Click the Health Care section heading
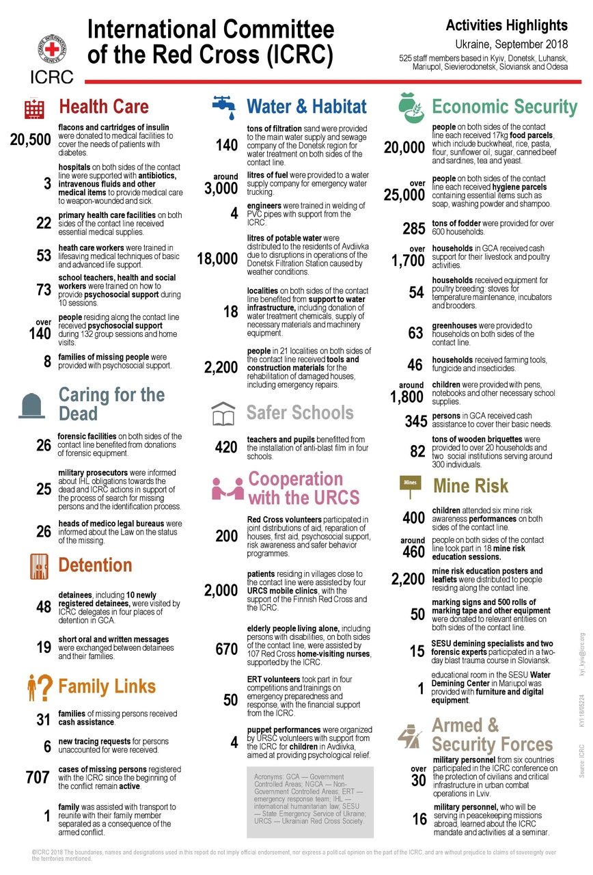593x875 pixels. [x=103, y=107]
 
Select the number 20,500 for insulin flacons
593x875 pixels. [x=31, y=140]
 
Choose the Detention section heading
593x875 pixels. [x=95, y=565]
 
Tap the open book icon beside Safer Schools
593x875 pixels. [x=225, y=414]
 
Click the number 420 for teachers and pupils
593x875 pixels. [x=225, y=448]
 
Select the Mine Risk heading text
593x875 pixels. [x=471, y=486]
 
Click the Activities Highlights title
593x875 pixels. [x=506, y=26]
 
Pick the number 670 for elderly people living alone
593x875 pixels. [x=225, y=649]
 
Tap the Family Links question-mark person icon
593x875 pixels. [x=39, y=688]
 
